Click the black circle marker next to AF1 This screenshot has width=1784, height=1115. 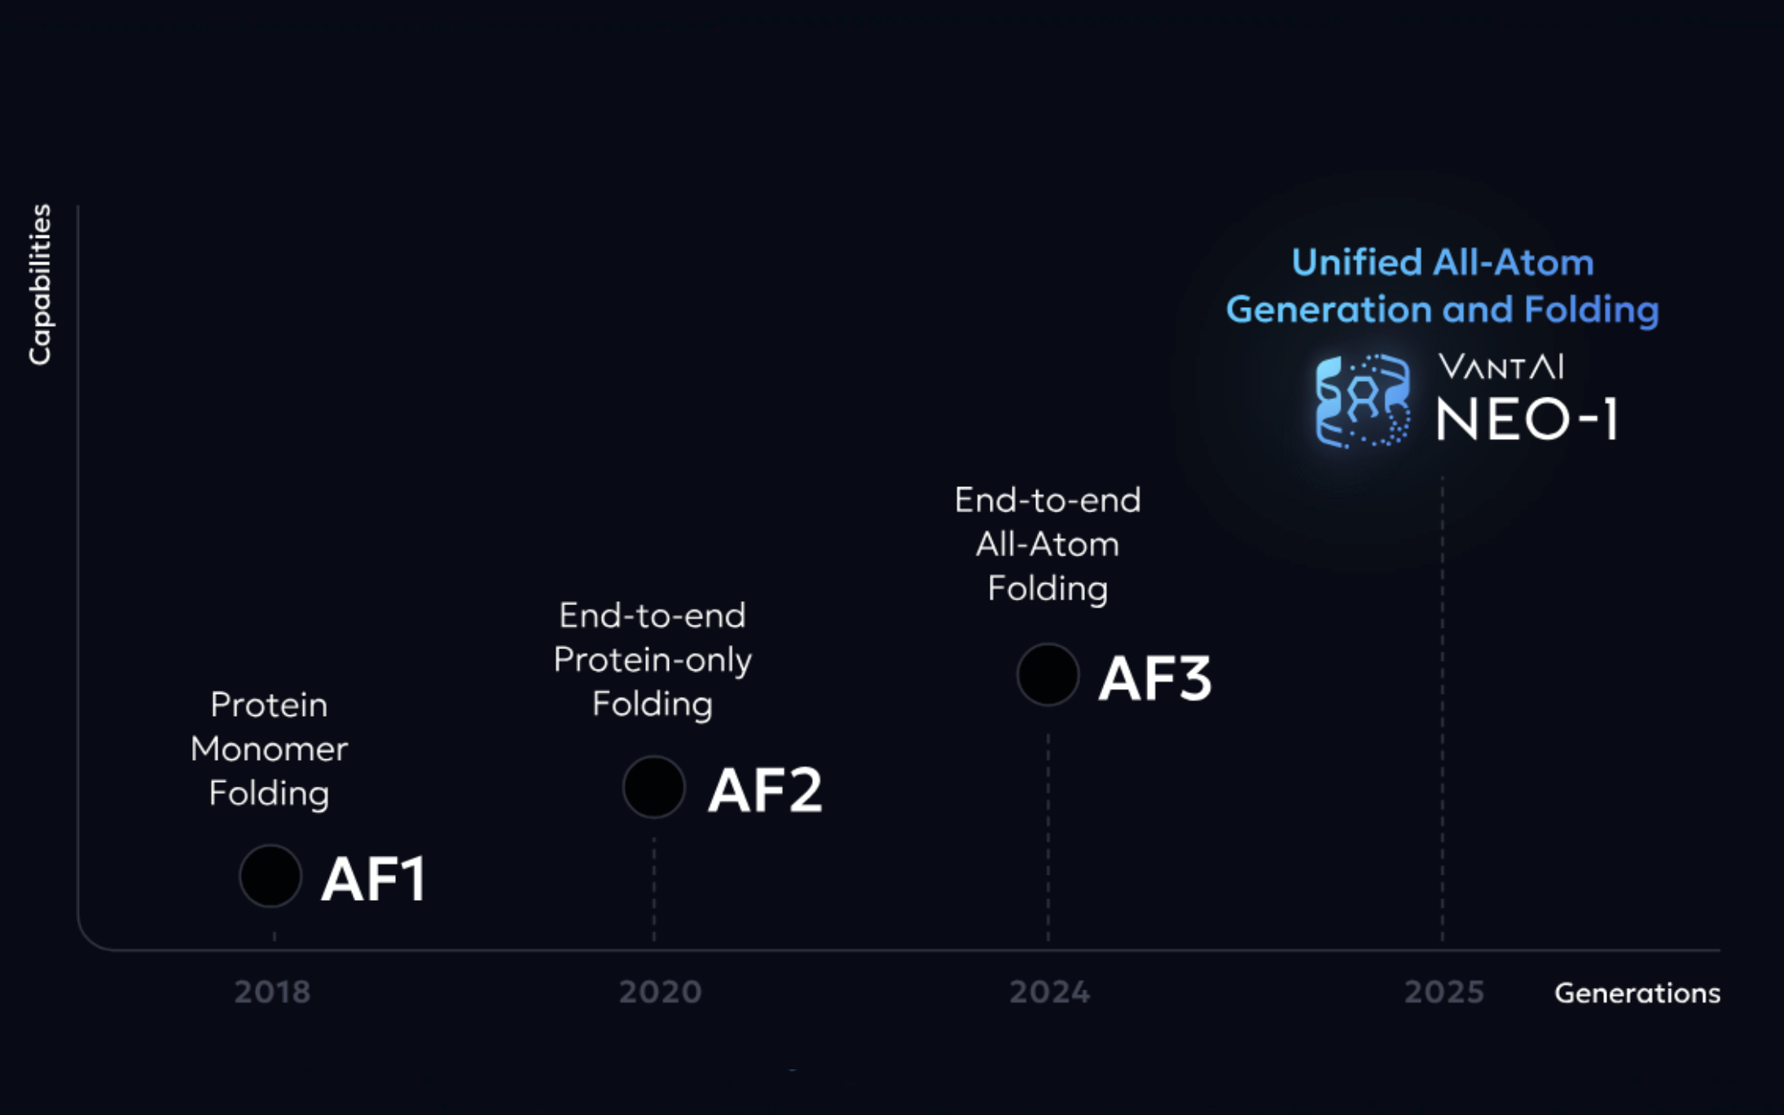(270, 876)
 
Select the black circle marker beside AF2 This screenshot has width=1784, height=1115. (653, 788)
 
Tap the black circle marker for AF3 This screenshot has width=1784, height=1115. (1048, 674)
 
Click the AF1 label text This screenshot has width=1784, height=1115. (374, 880)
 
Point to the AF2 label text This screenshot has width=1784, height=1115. (765, 790)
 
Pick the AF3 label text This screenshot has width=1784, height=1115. (1155, 678)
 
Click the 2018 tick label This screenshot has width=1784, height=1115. (272, 992)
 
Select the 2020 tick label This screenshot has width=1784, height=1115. (660, 992)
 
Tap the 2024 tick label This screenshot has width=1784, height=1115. (1049, 992)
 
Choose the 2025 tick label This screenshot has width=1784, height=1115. (1444, 992)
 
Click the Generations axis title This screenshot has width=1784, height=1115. (1637, 993)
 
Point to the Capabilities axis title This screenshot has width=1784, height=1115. (40, 284)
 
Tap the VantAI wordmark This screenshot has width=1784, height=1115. (1501, 367)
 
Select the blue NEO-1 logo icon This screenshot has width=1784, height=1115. (1362, 401)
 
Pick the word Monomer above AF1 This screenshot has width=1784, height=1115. (269, 749)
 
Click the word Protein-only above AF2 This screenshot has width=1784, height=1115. (653, 660)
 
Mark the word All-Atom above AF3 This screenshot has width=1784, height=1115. (1048, 544)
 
